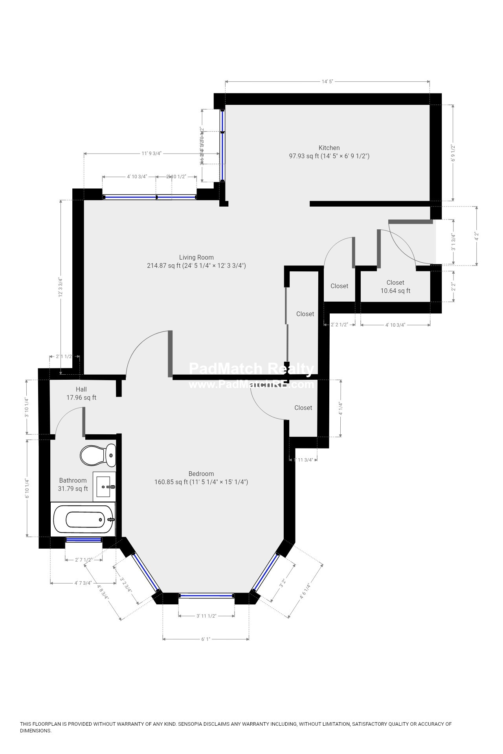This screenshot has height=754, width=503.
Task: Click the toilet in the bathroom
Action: point(98,455)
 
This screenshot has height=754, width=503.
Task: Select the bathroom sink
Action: point(105,487)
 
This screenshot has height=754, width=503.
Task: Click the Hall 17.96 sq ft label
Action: point(81,393)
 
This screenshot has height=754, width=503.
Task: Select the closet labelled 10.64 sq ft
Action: point(395,287)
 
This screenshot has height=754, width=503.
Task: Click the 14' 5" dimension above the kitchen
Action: point(327,82)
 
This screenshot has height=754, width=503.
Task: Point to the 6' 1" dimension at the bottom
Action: point(206,639)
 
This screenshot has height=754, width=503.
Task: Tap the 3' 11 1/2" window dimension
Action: point(206,616)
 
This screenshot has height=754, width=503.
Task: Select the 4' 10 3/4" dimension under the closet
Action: point(395,325)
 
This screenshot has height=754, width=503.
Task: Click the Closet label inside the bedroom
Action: point(303,408)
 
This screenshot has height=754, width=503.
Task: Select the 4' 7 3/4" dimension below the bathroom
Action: point(83,583)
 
